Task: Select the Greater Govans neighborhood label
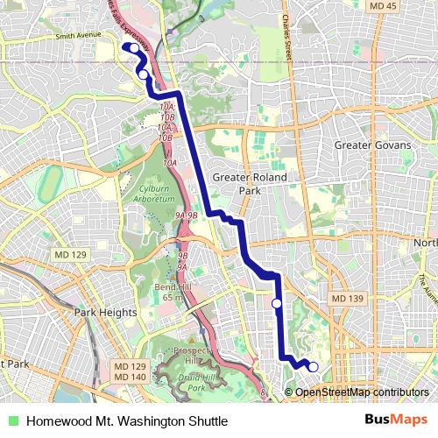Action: coord(372,145)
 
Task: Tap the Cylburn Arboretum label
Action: coord(150,194)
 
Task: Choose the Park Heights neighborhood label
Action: coord(105,312)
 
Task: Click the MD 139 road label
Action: coord(345,300)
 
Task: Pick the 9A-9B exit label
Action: coord(187,215)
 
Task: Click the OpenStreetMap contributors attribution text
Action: coord(362,392)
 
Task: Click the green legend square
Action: coord(12,421)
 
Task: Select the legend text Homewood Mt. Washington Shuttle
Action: coord(127,421)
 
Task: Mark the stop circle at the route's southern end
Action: coord(314,367)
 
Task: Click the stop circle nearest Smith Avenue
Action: coord(143,75)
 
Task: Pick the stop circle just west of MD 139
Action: coord(277,303)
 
